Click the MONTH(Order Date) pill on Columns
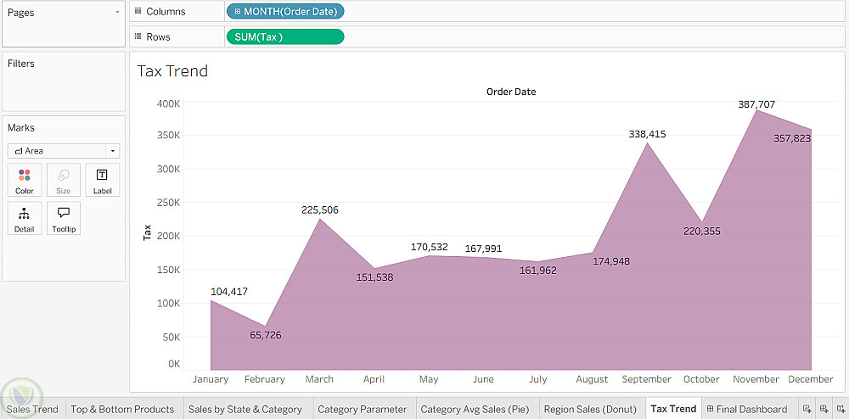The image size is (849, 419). tap(285, 12)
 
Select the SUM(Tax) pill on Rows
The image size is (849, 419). tap(285, 36)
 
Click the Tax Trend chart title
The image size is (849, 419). tap(172, 71)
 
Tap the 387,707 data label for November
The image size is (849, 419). tap(756, 104)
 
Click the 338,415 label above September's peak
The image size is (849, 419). tap(647, 134)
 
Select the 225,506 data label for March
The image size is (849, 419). tap(319, 210)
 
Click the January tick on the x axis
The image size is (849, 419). tap(211, 379)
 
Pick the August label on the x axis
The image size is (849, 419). tap(592, 379)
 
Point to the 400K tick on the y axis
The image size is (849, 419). tap(168, 103)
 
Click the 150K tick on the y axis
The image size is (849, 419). tap(168, 270)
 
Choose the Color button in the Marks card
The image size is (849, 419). tap(25, 180)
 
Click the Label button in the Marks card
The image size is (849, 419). tap(102, 180)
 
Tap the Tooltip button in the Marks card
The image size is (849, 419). tap(64, 218)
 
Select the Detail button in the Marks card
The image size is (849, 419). tap(25, 218)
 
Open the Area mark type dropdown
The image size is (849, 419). tap(64, 151)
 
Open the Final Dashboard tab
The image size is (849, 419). tap(746, 409)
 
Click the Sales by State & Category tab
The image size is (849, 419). tap(245, 409)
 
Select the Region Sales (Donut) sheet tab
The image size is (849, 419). tap(590, 409)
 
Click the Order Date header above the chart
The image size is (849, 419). tap(511, 92)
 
